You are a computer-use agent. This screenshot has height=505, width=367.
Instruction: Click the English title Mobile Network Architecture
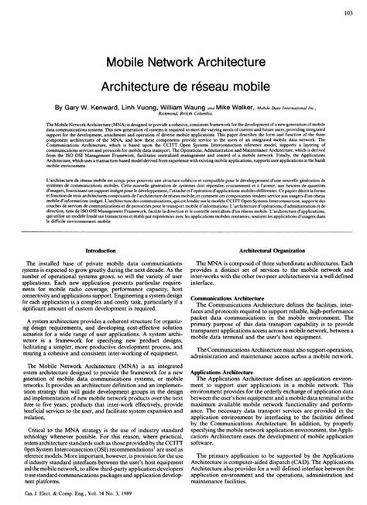[183, 59]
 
